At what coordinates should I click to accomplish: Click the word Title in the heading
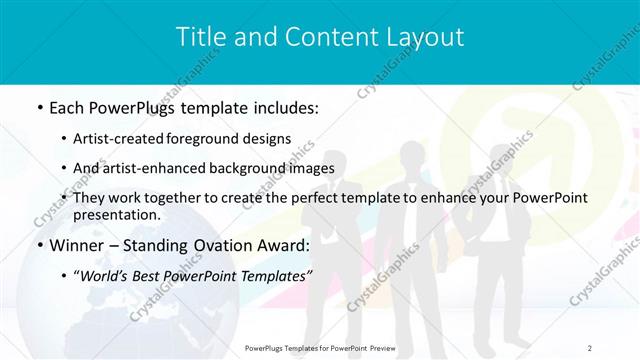199,38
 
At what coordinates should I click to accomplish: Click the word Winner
76,245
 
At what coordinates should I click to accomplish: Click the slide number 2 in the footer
590,348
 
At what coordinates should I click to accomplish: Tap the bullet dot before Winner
38,246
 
